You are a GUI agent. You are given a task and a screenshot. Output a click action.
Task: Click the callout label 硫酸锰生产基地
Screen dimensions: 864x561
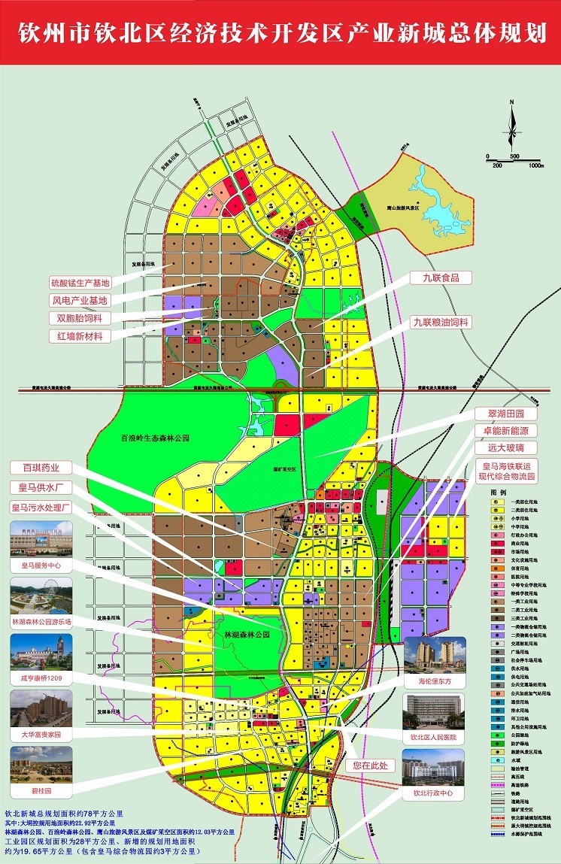pyautogui.click(x=80, y=283)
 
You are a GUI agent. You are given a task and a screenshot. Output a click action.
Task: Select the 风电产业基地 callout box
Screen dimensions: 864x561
pyautogui.click(x=80, y=301)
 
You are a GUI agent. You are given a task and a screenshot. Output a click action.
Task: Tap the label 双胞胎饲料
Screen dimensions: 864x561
pyautogui.click(x=80, y=318)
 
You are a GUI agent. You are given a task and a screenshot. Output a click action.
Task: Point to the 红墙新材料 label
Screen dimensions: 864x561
pyautogui.click(x=80, y=336)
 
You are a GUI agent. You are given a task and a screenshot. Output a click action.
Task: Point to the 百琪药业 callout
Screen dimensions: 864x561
pyautogui.click(x=41, y=467)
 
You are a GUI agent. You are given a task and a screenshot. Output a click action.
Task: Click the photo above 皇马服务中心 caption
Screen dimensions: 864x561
pyautogui.click(x=41, y=538)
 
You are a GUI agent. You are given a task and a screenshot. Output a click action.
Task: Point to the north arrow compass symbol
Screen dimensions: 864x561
pyautogui.click(x=511, y=125)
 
